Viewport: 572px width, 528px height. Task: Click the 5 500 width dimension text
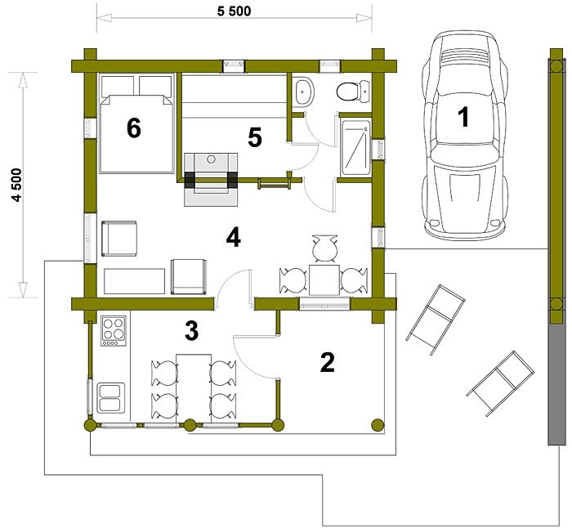234,11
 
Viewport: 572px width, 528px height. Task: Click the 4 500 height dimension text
17,185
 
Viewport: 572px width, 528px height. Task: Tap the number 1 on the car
463,117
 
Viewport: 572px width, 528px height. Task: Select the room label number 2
327,362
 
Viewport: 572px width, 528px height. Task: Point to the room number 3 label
191,330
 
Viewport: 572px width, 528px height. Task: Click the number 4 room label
233,238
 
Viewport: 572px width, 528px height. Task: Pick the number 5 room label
255,138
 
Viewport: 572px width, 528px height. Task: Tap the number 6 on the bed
134,128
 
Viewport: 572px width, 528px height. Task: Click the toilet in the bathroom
353,91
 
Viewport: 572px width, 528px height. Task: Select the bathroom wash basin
305,92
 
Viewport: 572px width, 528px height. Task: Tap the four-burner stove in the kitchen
114,330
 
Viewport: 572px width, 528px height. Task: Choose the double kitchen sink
111,397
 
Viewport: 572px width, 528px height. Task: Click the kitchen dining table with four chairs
194,389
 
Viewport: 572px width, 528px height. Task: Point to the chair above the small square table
324,248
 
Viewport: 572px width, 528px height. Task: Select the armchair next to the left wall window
119,239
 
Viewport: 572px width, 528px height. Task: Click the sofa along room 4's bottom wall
134,281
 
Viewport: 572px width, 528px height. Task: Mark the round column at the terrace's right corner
378,425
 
